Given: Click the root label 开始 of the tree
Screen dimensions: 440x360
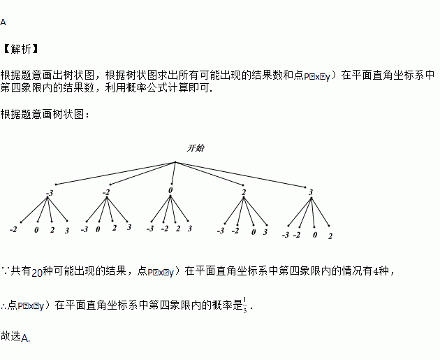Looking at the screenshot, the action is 196,148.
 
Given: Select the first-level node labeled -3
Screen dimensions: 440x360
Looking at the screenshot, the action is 50,193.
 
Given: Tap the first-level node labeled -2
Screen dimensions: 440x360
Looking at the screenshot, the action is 106,192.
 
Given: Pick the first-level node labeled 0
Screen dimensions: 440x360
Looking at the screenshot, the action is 170,190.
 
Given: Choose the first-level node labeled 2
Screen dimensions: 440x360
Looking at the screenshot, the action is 244,192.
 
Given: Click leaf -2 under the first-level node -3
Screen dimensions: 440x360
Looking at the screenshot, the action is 13,229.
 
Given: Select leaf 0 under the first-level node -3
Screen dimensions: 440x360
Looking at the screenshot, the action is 37,230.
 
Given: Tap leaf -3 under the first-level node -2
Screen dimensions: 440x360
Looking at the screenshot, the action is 85,229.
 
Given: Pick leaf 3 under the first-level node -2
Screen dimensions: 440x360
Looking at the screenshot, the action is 129,227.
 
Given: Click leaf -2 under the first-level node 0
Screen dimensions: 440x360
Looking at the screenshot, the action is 165,229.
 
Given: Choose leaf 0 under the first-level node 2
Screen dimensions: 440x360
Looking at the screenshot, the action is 254,231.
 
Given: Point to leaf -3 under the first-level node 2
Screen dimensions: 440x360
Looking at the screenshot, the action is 221,231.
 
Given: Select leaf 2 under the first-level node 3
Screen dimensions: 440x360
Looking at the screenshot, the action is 330,236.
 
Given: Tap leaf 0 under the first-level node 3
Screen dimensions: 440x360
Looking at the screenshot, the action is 315,235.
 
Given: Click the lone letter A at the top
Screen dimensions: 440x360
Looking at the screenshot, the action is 3,22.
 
